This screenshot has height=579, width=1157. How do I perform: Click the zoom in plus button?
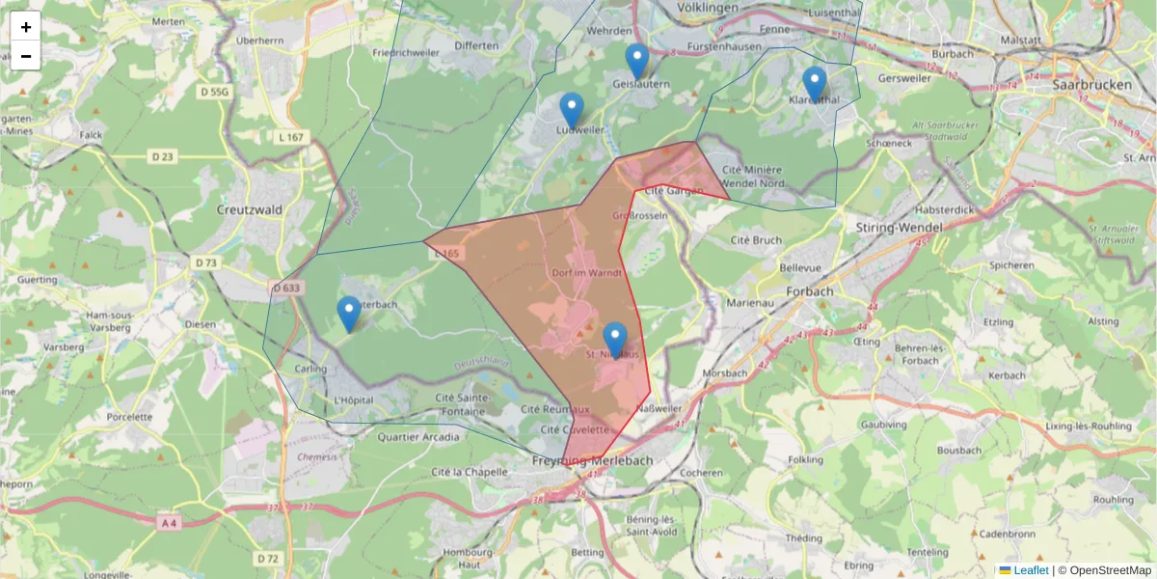point(26,27)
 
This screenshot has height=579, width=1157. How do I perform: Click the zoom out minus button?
point(26,56)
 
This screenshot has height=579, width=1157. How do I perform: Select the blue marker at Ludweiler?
point(572,110)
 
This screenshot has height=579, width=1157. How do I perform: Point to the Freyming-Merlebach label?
point(591,461)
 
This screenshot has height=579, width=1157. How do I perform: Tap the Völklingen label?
point(708,8)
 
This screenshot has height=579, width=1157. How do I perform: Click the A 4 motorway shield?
point(169,522)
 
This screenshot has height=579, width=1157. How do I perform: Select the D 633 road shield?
point(286,288)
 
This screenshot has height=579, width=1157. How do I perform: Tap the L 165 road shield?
point(448,254)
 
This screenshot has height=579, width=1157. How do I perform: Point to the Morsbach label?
point(726,372)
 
